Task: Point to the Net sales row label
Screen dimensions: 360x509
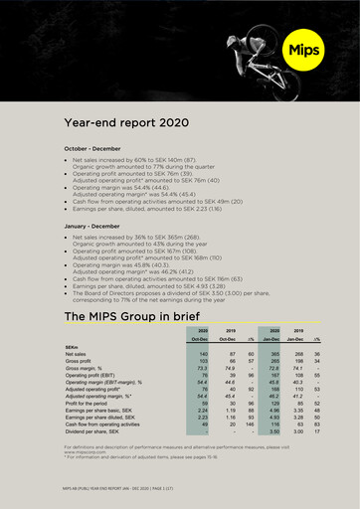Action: click(76, 354)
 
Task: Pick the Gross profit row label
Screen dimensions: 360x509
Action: click(79, 362)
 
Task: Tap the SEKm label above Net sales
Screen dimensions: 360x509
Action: click(73, 346)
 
